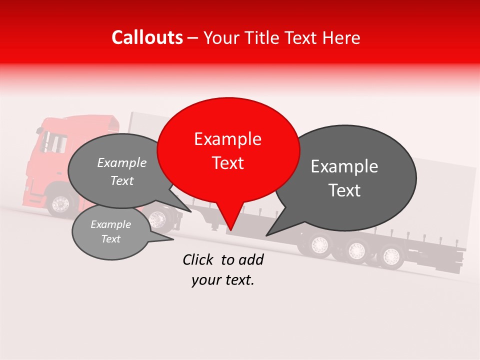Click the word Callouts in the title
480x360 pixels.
(x=147, y=37)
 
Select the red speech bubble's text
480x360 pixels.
(x=228, y=151)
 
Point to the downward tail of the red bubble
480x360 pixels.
(x=230, y=222)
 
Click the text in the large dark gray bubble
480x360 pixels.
(x=344, y=178)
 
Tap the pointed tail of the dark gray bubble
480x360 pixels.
(x=272, y=231)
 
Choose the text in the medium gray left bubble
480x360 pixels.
(x=122, y=171)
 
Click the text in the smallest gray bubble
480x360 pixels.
(x=110, y=231)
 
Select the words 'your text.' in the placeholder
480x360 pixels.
(x=223, y=280)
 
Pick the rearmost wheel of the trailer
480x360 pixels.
(x=390, y=256)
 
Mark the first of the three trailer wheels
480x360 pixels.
(x=319, y=244)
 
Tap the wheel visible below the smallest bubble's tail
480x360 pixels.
(x=157, y=218)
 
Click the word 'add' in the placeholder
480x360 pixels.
(x=251, y=259)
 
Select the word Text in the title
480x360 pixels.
(x=302, y=38)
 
